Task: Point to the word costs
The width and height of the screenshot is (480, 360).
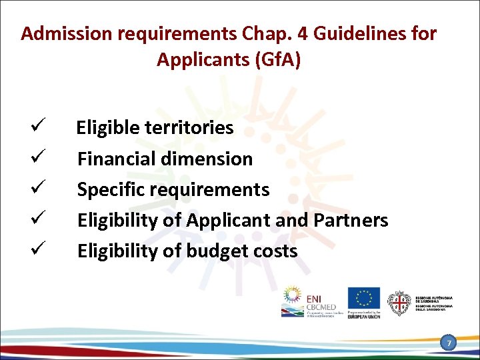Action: pos(275,251)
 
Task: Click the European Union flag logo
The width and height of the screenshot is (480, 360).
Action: pos(363,298)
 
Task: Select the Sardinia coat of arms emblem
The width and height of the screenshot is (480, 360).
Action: pos(399,303)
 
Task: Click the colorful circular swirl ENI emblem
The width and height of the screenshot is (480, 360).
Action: pos(292,295)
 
